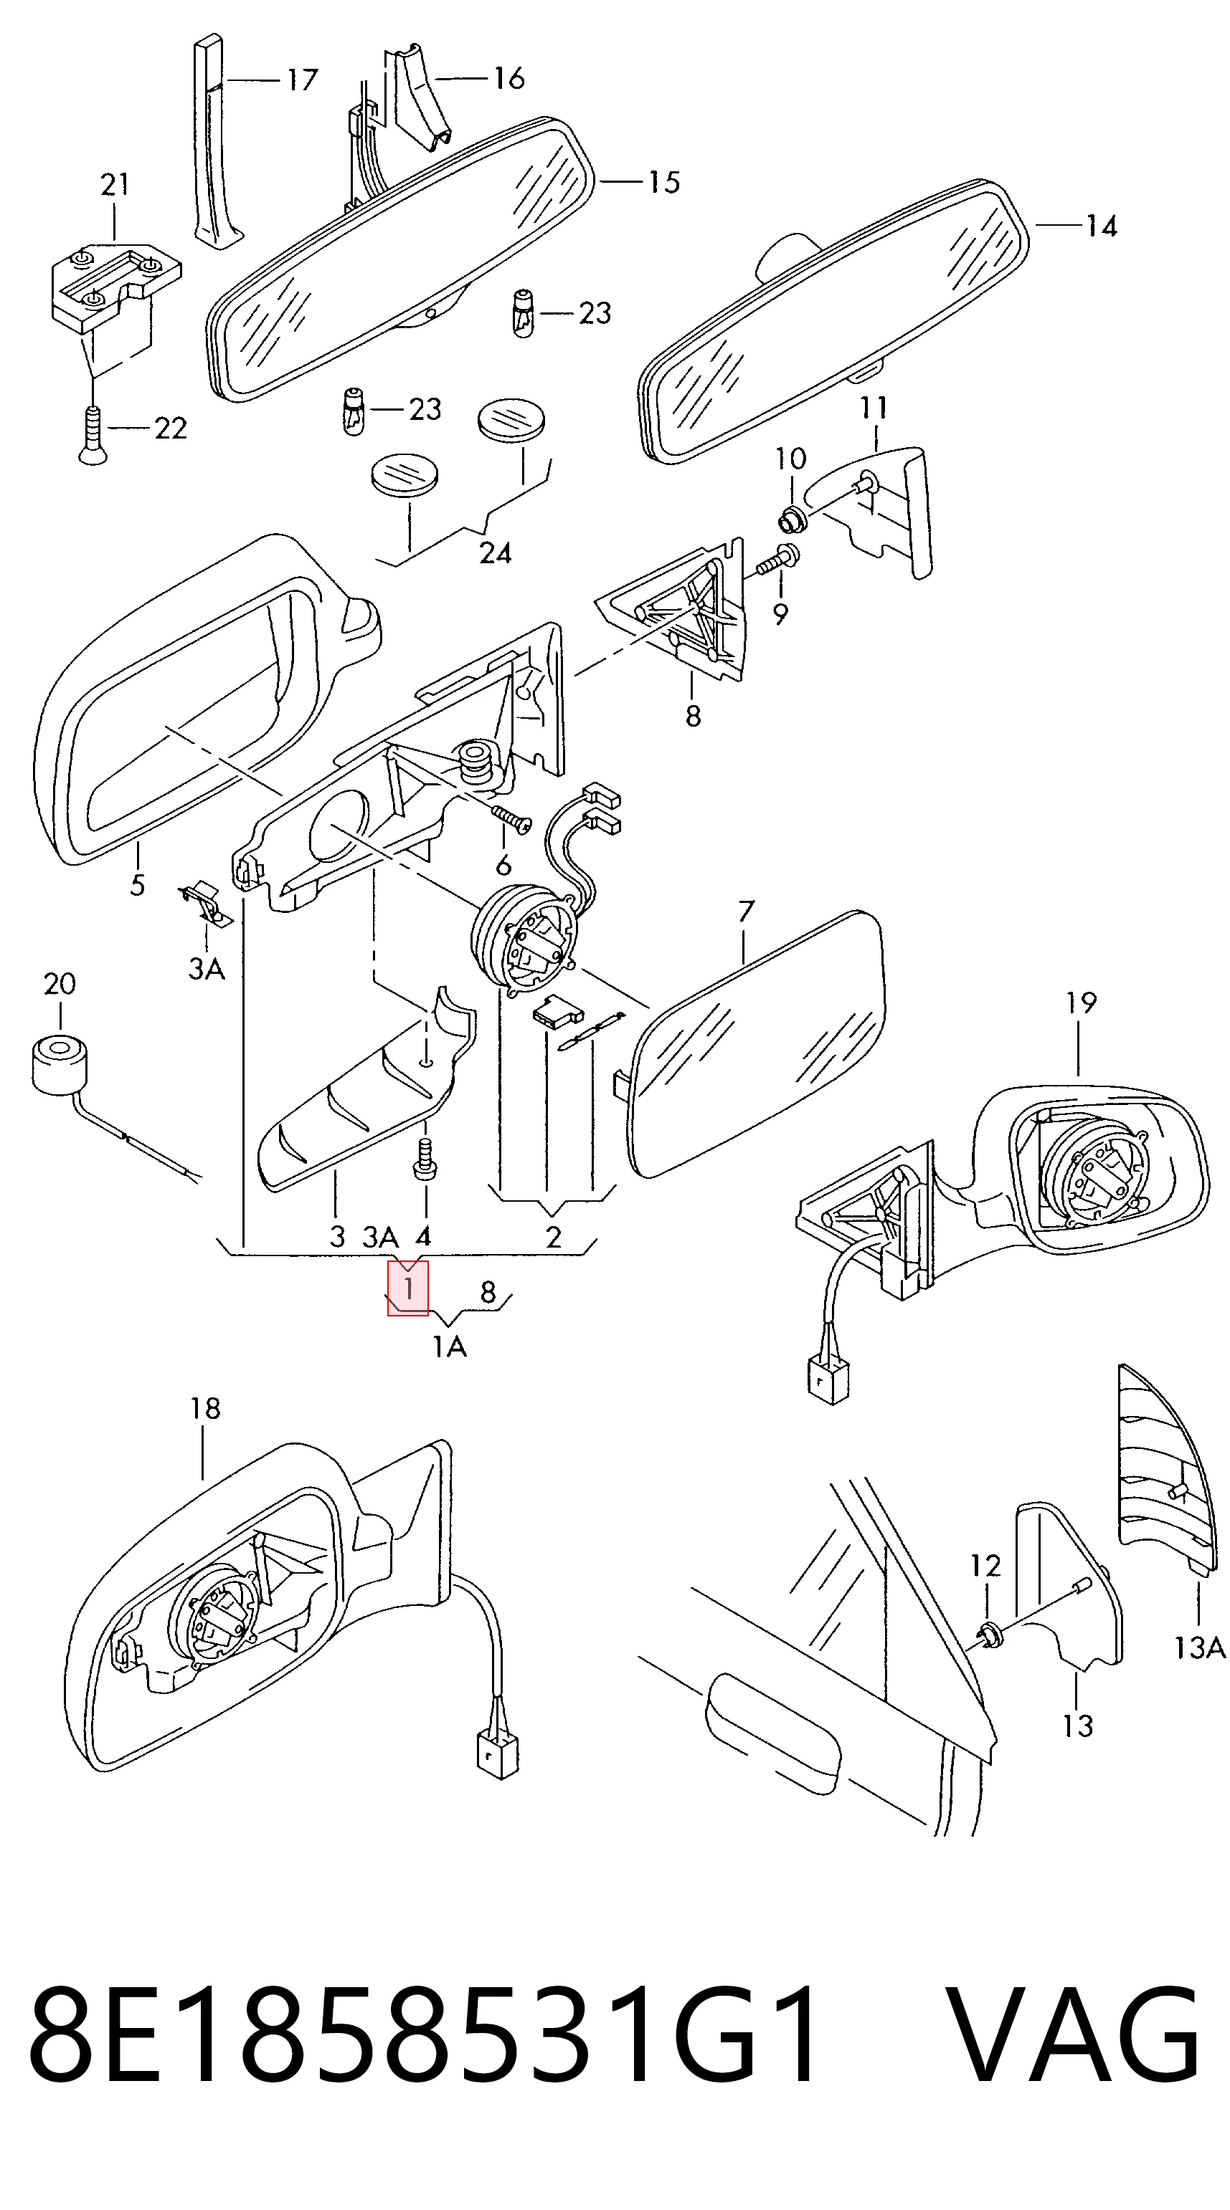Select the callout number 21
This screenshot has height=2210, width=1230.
click(115, 183)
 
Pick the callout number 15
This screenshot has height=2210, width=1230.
click(663, 182)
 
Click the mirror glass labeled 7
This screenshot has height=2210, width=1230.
click(756, 1043)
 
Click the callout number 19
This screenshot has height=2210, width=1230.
click(1081, 1001)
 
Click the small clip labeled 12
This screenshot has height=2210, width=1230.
click(989, 1636)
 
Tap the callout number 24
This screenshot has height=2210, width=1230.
click(496, 553)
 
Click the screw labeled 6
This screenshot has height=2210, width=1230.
click(511, 818)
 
